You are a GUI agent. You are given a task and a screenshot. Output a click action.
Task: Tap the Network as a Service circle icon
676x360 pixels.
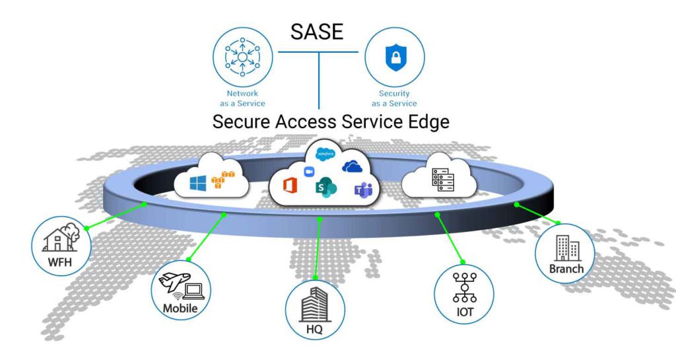click(x=242, y=57)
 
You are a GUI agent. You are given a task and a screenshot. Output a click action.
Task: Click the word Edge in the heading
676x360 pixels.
click(x=427, y=122)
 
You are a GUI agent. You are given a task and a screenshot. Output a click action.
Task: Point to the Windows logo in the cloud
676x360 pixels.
click(x=199, y=182)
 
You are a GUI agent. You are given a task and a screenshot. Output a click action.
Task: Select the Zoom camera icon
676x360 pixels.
click(x=308, y=172)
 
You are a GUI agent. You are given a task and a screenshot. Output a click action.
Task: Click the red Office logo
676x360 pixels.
click(x=290, y=186)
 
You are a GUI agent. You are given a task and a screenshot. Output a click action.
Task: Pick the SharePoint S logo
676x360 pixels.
click(x=326, y=187)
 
